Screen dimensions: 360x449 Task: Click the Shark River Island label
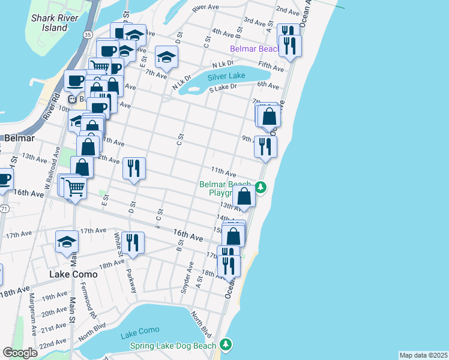point(49,22)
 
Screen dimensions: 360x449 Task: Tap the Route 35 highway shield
point(88,35)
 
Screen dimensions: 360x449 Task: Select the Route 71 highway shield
point(4,208)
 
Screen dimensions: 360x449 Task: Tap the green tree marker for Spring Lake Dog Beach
point(225,344)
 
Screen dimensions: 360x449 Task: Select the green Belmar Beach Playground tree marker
point(261,187)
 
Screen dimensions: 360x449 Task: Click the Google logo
point(20,353)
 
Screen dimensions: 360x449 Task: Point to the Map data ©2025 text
point(423,355)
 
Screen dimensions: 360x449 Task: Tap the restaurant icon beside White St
point(133,242)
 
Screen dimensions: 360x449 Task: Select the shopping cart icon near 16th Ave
point(76,188)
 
